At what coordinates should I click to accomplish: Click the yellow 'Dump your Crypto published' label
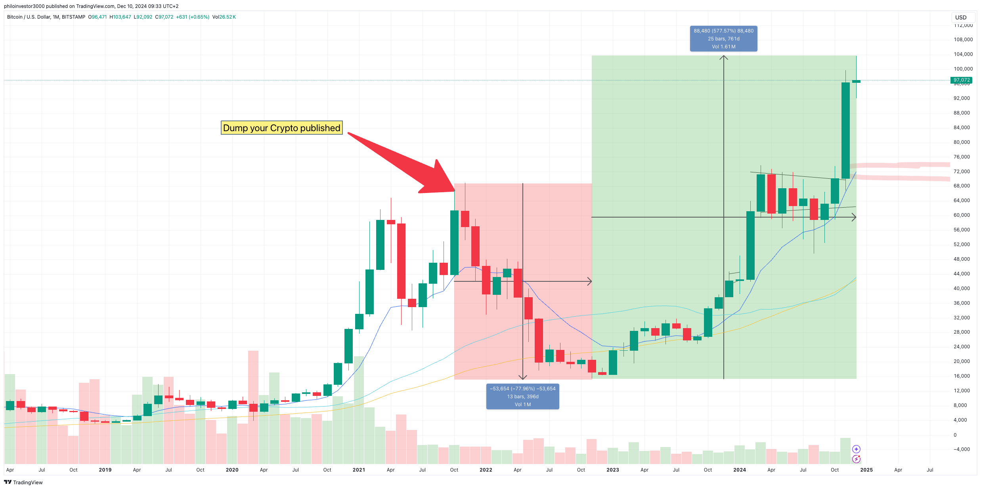281,128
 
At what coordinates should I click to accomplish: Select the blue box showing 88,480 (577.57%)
723,38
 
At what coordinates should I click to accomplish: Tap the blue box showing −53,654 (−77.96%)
522,396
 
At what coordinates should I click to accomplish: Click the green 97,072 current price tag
961,80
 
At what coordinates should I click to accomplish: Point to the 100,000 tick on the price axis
963,69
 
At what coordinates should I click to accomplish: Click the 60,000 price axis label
962,215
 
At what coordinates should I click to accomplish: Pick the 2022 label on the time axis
486,470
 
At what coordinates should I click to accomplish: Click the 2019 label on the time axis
105,470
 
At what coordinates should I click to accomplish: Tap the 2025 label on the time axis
866,470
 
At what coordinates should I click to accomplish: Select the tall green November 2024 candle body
845,131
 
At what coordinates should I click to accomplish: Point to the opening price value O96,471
98,17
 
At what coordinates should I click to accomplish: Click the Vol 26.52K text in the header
224,17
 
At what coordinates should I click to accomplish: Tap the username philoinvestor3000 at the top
24,6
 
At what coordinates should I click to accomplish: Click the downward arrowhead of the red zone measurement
523,378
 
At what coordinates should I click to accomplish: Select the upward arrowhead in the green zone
724,58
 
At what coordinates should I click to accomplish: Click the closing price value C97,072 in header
164,17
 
